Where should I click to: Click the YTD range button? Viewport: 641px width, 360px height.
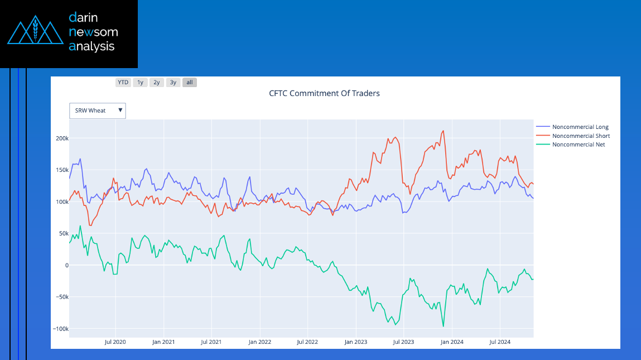pyautogui.click(x=123, y=83)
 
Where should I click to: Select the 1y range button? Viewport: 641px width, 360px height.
pyautogui.click(x=140, y=83)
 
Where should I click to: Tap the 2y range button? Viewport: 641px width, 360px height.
pyautogui.click(x=157, y=83)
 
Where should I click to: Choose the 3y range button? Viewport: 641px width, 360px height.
pyautogui.click(x=173, y=83)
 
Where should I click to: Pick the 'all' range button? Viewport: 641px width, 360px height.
pyautogui.click(x=190, y=83)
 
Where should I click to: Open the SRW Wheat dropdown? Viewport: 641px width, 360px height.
pyautogui.click(x=98, y=111)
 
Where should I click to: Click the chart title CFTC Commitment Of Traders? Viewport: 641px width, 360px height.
pyautogui.click(x=324, y=93)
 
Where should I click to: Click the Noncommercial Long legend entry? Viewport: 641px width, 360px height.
pyautogui.click(x=580, y=127)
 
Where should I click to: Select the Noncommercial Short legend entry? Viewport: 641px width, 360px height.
pyautogui.click(x=580, y=136)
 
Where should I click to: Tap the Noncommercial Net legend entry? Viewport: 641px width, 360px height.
pyautogui.click(x=578, y=145)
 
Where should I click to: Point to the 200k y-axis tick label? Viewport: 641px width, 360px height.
pyautogui.click(x=61, y=138)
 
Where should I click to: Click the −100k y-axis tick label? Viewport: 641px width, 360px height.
pyautogui.click(x=60, y=329)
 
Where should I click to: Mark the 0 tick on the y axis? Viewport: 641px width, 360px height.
pyautogui.click(x=66, y=265)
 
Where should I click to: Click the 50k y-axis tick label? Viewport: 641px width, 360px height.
pyautogui.click(x=63, y=233)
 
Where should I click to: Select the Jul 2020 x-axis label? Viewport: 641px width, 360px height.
pyautogui.click(x=115, y=342)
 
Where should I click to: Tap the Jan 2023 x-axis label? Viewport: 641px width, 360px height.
pyautogui.click(x=356, y=342)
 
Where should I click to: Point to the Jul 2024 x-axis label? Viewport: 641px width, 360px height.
pyautogui.click(x=500, y=342)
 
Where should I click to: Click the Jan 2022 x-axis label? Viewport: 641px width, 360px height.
pyautogui.click(x=260, y=342)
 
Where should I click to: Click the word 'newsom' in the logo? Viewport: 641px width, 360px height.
pyautogui.click(x=93, y=32)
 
